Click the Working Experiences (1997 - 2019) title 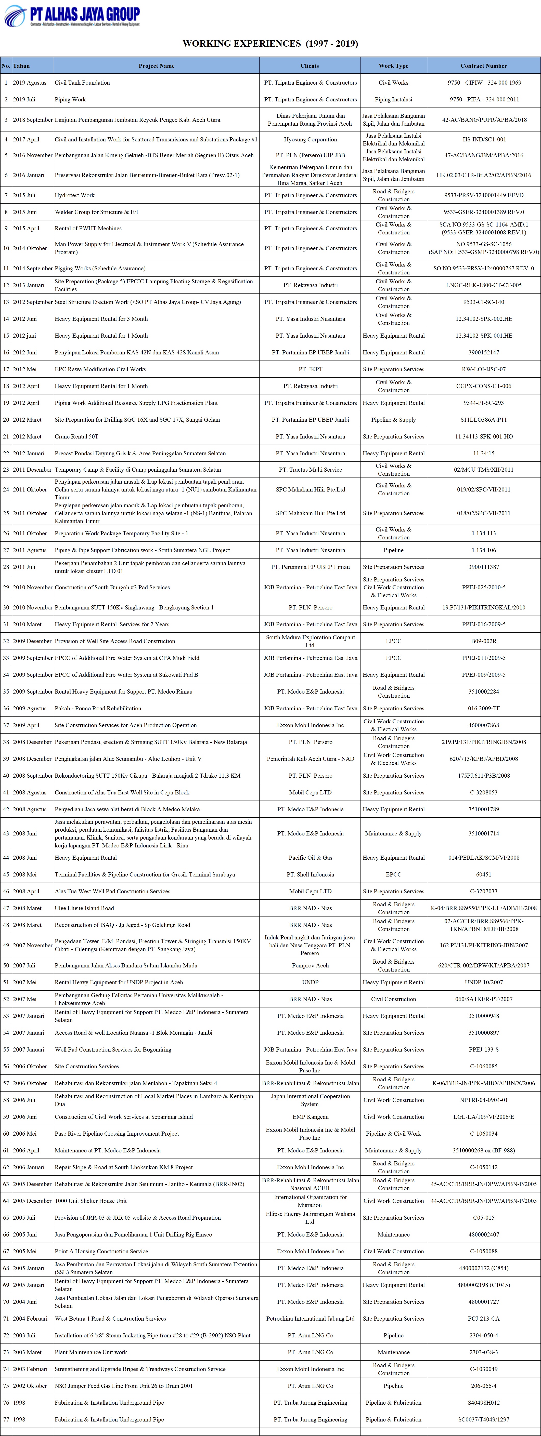pyautogui.click(x=270, y=44)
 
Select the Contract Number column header pyautogui.click(x=484, y=66)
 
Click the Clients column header pyautogui.click(x=310, y=66)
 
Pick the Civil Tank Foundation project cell pyautogui.click(x=83, y=83)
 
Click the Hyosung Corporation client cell pyautogui.click(x=310, y=139)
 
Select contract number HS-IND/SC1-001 pyautogui.click(x=484, y=139)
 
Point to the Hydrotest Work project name pyautogui.click(x=75, y=195)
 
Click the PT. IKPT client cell pyautogui.click(x=310, y=369)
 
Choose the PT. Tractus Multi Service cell pyautogui.click(x=310, y=469)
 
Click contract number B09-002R pyautogui.click(x=484, y=641)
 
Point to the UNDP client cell pyautogui.click(x=310, y=982)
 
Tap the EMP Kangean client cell pyautogui.click(x=310, y=1116)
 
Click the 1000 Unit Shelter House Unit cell pyautogui.click(x=91, y=1201)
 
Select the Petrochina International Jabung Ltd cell pyautogui.click(x=310, y=1318)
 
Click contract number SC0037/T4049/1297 pyautogui.click(x=484, y=1419)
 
